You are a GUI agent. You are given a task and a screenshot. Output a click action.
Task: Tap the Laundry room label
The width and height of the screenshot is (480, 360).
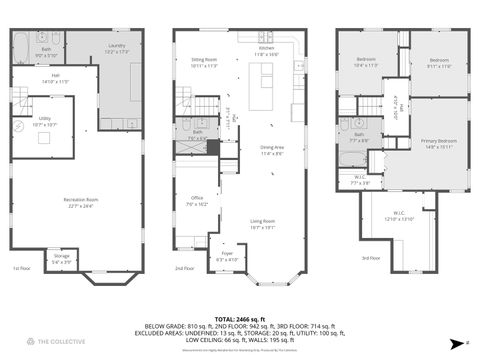pyautogui.click(x=117, y=47)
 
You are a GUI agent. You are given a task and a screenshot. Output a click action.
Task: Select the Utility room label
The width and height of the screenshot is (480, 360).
pyautogui.click(x=45, y=123)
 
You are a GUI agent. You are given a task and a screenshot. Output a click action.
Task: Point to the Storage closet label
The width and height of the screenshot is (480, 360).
pyautogui.click(x=62, y=258)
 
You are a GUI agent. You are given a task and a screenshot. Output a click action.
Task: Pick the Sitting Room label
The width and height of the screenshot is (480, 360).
pyautogui.click(x=204, y=62)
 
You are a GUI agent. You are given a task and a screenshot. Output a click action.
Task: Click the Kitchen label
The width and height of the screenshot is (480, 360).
pyautogui.click(x=267, y=49)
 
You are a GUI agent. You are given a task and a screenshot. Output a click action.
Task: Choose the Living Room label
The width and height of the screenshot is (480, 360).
pyautogui.click(x=263, y=223)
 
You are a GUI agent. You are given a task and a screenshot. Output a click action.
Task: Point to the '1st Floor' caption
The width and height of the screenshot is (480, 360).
pyautogui.click(x=21, y=269)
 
